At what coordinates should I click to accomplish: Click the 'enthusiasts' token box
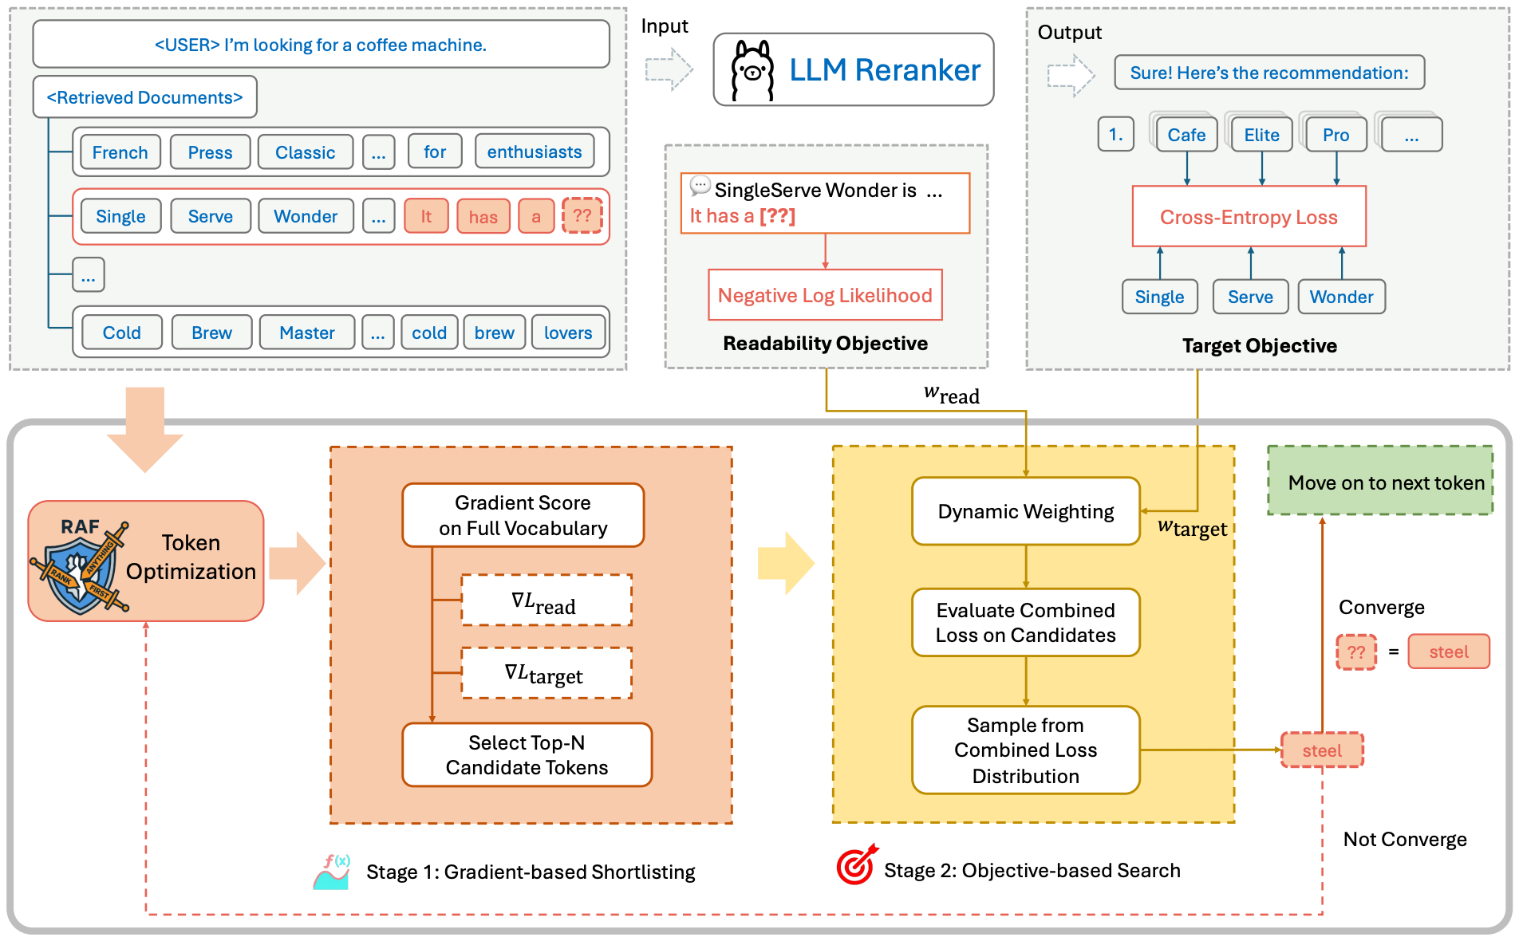(x=534, y=152)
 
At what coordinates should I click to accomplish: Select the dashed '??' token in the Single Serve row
(x=582, y=215)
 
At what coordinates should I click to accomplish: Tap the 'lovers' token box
(x=568, y=333)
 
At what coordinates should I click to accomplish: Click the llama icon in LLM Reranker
(x=752, y=71)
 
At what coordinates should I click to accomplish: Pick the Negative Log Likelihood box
(x=825, y=295)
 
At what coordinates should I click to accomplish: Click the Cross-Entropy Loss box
(x=1249, y=217)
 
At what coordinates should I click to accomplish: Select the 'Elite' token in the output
(x=1261, y=135)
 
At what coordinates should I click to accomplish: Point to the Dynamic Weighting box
(x=1025, y=511)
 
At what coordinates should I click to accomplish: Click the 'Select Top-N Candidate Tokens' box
(x=527, y=754)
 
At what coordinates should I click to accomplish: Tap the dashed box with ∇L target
(x=546, y=674)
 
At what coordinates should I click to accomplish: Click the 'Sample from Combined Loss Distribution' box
(x=1025, y=750)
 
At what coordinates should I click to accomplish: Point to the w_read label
(x=951, y=394)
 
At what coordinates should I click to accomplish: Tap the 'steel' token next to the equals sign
(x=1448, y=652)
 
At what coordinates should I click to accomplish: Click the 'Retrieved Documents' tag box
(x=144, y=97)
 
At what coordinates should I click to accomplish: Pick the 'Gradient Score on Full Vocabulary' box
(x=523, y=515)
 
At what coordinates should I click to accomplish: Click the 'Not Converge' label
(x=1404, y=839)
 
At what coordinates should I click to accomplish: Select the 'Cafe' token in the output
(x=1186, y=135)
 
